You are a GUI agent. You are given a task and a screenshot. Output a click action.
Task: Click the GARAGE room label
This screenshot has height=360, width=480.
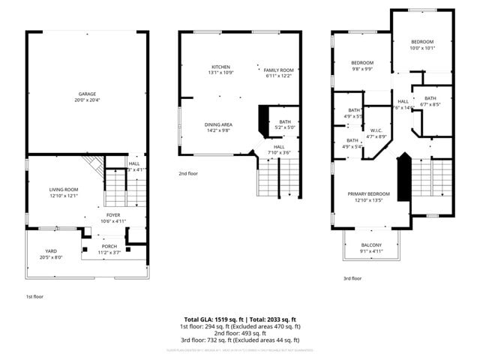pos(87,94)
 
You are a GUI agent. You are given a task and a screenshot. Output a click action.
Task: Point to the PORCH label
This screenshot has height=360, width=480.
pos(109,246)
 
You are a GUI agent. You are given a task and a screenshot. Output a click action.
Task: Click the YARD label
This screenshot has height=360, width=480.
pos(51,251)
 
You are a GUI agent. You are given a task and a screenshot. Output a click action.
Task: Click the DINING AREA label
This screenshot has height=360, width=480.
pos(218,124)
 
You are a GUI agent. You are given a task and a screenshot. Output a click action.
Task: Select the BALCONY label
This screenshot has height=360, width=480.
pos(371,245)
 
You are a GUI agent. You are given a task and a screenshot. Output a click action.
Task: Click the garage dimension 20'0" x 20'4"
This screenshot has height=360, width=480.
pos(87,100)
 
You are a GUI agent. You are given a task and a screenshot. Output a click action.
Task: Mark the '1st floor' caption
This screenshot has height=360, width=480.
pos(34,296)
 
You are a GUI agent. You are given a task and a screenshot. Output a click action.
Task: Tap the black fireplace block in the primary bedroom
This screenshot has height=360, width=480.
pos(403,177)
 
